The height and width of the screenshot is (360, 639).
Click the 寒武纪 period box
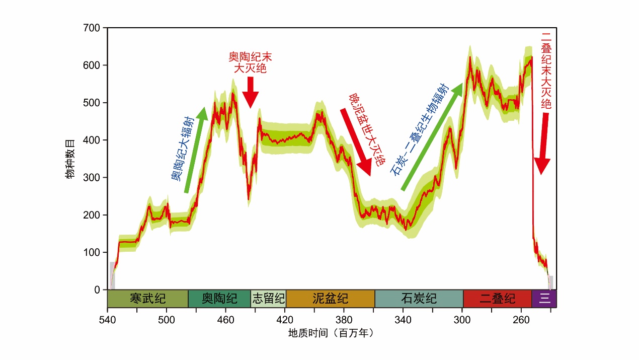pyautogui.click(x=147, y=299)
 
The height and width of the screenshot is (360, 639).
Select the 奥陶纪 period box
pyautogui.click(x=219, y=299)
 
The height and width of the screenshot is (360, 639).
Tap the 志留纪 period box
pyautogui.click(x=268, y=299)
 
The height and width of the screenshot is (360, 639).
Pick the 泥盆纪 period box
pyautogui.click(x=330, y=299)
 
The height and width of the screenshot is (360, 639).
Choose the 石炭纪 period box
pyautogui.click(x=419, y=299)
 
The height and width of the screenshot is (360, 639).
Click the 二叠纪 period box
pyautogui.click(x=497, y=299)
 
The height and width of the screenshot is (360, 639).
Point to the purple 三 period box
pyautogui.click(x=544, y=299)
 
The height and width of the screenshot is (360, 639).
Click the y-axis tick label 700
pyautogui.click(x=92, y=28)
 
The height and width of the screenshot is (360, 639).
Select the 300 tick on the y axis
pyautogui.click(x=92, y=177)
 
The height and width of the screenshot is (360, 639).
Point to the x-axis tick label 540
pyautogui.click(x=107, y=320)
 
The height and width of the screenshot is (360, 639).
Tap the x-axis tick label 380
pyautogui.click(x=344, y=320)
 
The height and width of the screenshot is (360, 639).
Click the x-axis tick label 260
pyautogui.click(x=521, y=320)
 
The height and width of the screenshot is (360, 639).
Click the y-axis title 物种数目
pyautogui.click(x=70, y=159)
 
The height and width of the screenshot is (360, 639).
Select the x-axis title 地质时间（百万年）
pyautogui.click(x=331, y=333)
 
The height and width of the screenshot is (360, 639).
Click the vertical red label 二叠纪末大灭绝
pyautogui.click(x=546, y=70)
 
